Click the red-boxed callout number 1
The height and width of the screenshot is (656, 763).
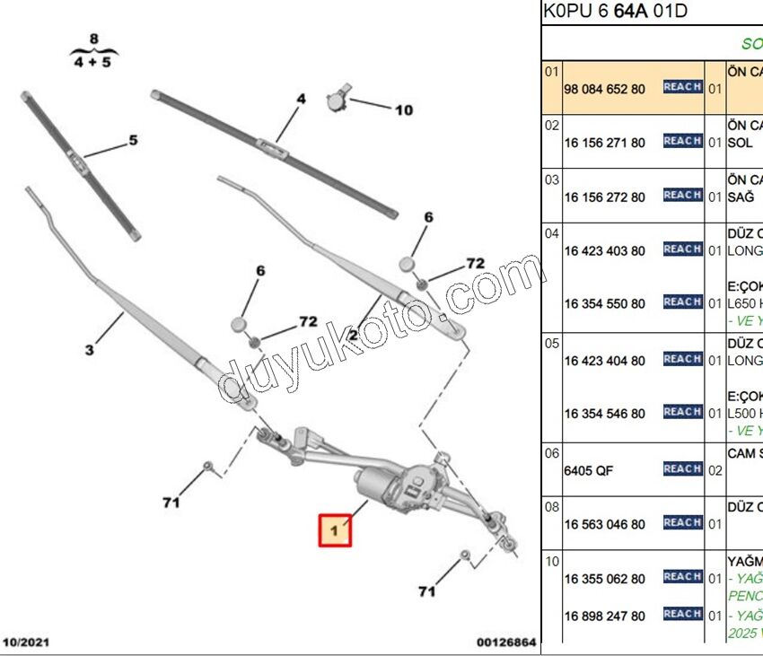point(335,530)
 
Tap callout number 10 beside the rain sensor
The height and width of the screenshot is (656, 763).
point(403,110)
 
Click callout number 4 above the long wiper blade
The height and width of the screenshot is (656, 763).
point(302,99)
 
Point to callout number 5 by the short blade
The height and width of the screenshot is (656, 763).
point(133,140)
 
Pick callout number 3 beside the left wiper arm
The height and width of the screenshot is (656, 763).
point(90,350)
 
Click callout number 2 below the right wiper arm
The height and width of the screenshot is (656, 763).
point(354,335)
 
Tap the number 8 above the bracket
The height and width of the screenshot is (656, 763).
point(92,39)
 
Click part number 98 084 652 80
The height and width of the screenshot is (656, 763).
point(604,90)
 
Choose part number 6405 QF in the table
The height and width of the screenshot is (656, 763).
point(589,470)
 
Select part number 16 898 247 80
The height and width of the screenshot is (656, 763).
point(604,616)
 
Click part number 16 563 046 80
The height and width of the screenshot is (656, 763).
point(604,524)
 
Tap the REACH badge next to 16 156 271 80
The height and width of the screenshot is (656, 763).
point(682,141)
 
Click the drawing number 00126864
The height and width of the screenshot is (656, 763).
point(506,643)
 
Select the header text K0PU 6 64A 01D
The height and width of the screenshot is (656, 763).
point(615,12)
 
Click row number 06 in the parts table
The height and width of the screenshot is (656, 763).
point(552,453)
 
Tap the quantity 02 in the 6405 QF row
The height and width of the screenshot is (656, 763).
point(715,470)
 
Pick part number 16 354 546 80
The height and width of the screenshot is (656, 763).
point(604,414)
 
